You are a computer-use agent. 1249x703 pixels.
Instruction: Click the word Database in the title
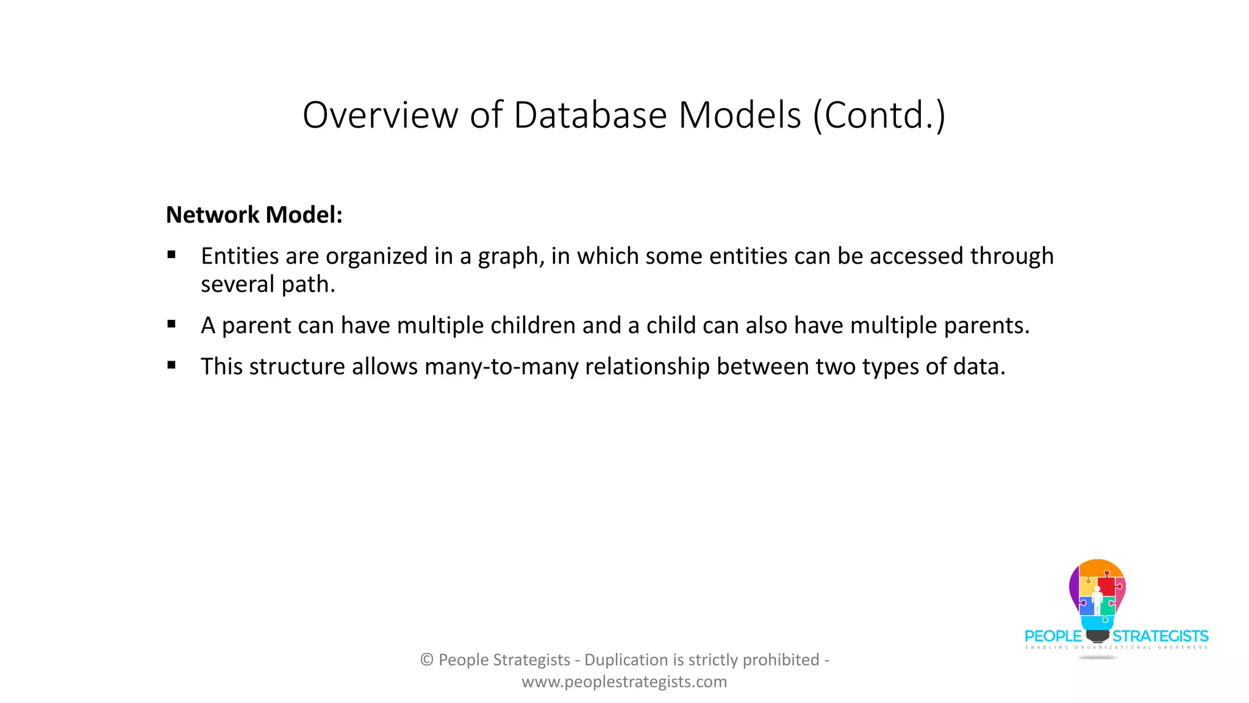590,115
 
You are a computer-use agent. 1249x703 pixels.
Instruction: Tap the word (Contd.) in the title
879,115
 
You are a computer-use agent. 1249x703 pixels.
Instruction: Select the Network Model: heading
254,215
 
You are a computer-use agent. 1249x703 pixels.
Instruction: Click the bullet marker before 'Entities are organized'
171,255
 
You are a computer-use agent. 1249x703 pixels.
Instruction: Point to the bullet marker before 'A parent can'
171,325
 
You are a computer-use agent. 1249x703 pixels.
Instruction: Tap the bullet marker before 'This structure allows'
171,366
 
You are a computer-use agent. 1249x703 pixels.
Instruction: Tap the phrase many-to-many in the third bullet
501,367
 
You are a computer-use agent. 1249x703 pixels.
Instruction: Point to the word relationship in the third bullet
647,367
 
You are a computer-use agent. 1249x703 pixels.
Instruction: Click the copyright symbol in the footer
427,660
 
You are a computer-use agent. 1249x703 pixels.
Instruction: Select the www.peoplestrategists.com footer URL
624,682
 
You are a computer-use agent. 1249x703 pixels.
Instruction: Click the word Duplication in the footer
626,660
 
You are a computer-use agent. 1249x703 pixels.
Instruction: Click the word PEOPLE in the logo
1053,636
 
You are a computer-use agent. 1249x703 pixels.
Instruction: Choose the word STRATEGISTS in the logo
1160,636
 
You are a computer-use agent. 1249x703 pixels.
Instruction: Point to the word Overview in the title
381,115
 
